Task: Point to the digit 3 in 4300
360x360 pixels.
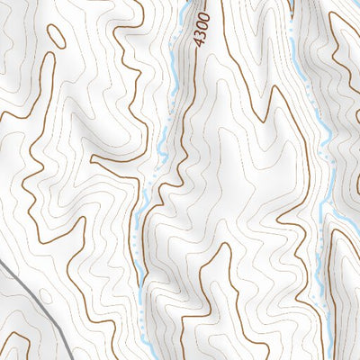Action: coord(201,35)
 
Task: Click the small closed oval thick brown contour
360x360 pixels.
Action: coord(56,36)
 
